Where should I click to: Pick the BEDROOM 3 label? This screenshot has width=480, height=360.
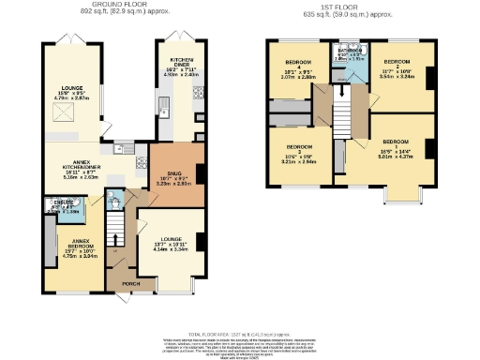tap(300, 148)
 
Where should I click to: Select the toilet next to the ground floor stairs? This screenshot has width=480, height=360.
tap(114, 200)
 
